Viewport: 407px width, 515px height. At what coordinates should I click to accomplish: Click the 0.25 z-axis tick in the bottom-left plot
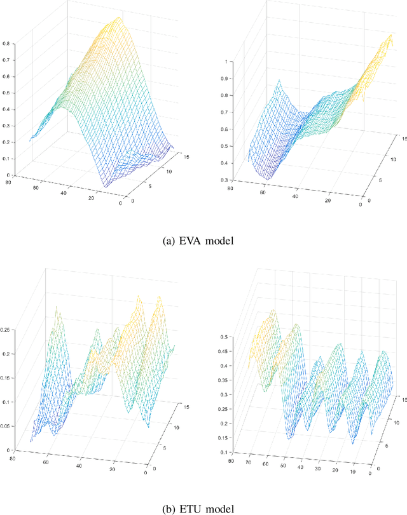point(6,329)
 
